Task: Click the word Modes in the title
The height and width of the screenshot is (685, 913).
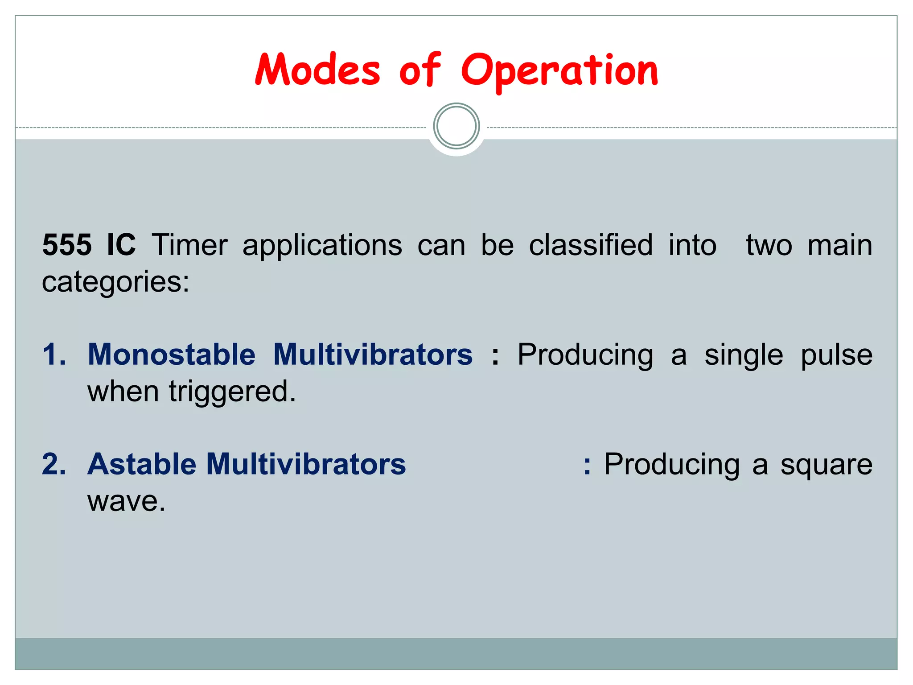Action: (317, 70)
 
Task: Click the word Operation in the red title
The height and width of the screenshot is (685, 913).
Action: (559, 71)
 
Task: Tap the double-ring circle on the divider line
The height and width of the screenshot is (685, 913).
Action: (456, 126)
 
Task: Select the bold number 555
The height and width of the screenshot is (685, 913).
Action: (67, 245)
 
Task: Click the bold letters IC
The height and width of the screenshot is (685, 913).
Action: (121, 245)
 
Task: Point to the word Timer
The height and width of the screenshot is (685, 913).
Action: (189, 245)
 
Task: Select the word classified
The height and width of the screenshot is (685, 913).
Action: (591, 245)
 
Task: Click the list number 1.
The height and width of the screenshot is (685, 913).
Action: (53, 355)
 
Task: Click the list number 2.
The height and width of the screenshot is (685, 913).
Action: (54, 464)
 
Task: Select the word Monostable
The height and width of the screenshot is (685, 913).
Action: (172, 355)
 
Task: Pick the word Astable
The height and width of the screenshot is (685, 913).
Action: (141, 464)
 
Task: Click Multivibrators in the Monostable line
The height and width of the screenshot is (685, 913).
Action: (373, 355)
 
